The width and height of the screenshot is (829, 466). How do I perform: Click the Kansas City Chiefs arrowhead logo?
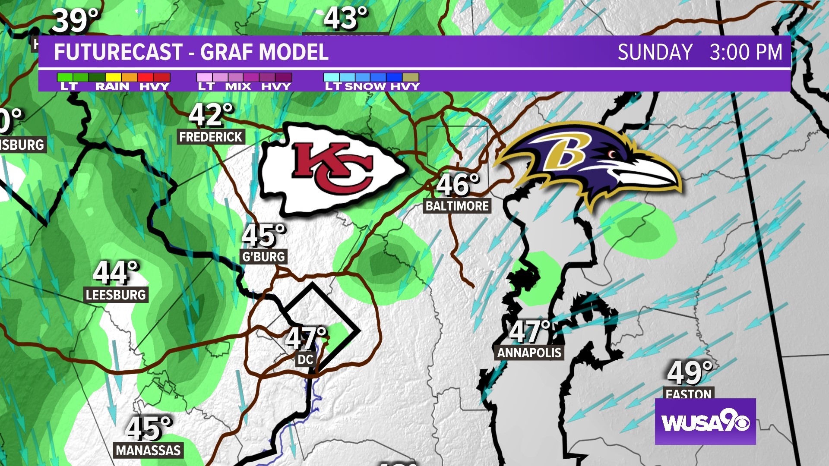(332, 169)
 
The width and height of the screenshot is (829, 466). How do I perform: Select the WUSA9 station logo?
(705, 422)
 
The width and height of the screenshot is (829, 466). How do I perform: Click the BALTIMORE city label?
(457, 206)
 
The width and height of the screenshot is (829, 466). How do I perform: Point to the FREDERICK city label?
(211, 137)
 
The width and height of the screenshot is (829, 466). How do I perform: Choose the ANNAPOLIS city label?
(529, 353)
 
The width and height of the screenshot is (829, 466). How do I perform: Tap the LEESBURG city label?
(116, 295)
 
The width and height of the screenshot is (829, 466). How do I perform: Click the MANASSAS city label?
(148, 450)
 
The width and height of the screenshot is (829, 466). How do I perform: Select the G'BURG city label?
(263, 257)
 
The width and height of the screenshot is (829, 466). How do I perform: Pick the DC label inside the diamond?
(305, 359)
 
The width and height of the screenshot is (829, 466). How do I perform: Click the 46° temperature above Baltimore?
(458, 185)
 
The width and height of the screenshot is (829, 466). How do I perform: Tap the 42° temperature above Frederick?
(211, 115)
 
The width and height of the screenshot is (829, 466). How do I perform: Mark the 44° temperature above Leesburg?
(116, 273)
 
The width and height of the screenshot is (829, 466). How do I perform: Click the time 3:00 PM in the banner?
(746, 52)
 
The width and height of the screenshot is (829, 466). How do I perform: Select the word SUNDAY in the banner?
(655, 52)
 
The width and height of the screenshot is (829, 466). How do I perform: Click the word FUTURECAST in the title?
(118, 52)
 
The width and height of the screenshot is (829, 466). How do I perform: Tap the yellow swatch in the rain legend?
(113, 77)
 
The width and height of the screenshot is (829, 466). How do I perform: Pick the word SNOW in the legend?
(365, 86)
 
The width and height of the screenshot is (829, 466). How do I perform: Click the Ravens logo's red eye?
(612, 154)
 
